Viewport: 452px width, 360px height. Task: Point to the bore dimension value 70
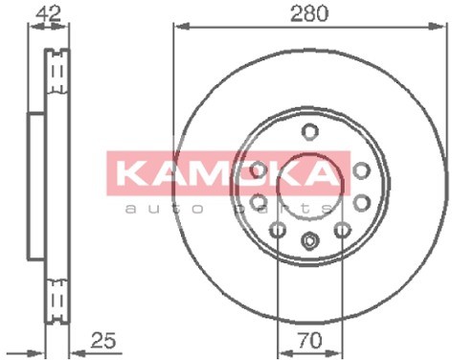[x=309, y=340]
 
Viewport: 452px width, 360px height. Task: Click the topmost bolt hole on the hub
[x=309, y=131]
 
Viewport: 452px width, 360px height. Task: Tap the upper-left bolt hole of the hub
[x=258, y=169]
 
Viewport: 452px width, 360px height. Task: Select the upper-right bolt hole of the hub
[x=362, y=169]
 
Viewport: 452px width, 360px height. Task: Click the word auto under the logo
[x=169, y=206]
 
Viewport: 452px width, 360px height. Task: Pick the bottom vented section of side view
[x=58, y=296]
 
